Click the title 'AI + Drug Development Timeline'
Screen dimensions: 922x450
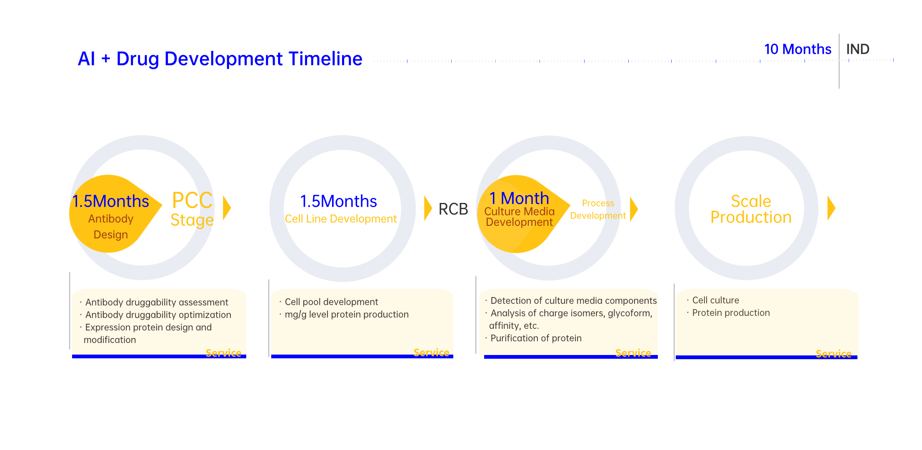[x=220, y=59]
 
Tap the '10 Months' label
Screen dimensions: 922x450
[x=797, y=49]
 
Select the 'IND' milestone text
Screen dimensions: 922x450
[x=857, y=49]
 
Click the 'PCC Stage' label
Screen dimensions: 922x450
[x=192, y=210]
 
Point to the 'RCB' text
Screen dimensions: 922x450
[x=453, y=209]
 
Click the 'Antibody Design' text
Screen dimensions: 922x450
[x=111, y=227]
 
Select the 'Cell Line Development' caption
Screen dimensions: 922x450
[x=341, y=219]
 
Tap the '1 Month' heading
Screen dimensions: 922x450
[x=519, y=198]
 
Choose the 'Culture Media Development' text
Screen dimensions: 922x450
[x=520, y=217]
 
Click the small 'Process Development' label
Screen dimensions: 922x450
[x=598, y=210]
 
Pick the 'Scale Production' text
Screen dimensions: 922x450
[x=751, y=209]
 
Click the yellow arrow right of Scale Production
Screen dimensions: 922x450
[x=831, y=208]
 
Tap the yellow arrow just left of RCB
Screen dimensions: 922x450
[x=428, y=208]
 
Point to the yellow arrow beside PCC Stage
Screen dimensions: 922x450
[x=227, y=207]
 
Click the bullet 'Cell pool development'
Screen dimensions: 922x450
[x=331, y=302]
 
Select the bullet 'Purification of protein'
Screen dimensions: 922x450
[x=536, y=338]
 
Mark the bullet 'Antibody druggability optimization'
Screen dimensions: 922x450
[x=158, y=315]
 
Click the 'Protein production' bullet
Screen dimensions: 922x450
[x=731, y=313]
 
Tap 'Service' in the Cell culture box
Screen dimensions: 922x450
[x=833, y=354]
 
